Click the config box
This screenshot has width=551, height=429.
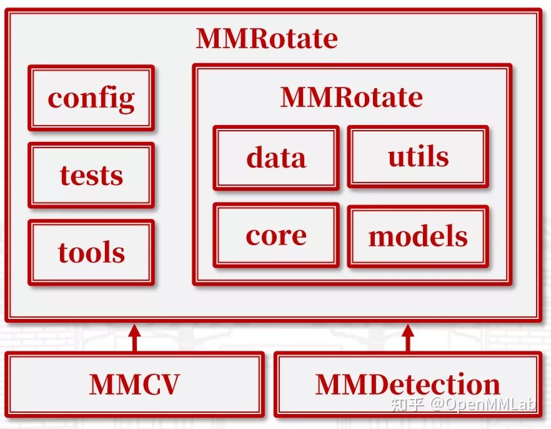point(91,98)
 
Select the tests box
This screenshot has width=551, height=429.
point(91,175)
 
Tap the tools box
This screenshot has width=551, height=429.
point(91,252)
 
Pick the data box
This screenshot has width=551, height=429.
point(276,158)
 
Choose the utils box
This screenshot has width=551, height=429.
point(418,156)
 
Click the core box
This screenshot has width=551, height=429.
point(276,235)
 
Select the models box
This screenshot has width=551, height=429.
point(418,236)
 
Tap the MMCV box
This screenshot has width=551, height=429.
point(134,384)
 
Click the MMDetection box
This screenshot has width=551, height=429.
point(407,384)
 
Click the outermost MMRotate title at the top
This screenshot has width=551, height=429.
point(267,38)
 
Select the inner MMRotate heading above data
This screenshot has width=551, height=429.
point(351,97)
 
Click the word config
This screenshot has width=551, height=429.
point(91,98)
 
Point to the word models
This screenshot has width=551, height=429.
point(418,236)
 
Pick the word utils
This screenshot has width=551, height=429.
point(418,156)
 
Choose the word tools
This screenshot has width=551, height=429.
point(91,253)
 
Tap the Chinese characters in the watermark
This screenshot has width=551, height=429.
point(407,405)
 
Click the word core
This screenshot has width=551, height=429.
point(276,235)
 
